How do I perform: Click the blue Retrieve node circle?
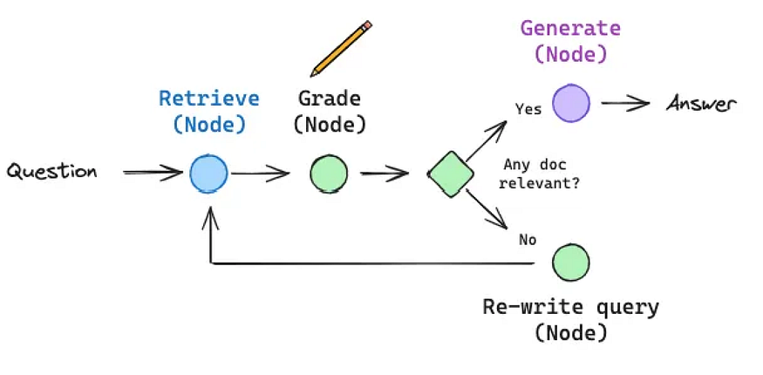208,173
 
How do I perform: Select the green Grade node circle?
329,174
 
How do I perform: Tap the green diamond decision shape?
451,174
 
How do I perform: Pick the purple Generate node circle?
571,103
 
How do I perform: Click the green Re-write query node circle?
571,262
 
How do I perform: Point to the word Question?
51,172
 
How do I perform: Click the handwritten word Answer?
701,104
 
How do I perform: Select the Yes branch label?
528,108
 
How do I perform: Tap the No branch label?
528,240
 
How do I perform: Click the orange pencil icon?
341,49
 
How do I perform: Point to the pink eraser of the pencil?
367,24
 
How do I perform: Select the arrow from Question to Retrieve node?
153,172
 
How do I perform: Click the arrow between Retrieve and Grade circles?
261,174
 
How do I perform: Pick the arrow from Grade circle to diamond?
385,174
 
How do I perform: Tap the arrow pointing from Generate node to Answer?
625,103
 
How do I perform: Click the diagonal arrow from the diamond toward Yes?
487,141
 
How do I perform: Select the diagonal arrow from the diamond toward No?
487,208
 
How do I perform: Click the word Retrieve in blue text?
209,99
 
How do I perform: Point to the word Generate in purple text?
571,28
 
